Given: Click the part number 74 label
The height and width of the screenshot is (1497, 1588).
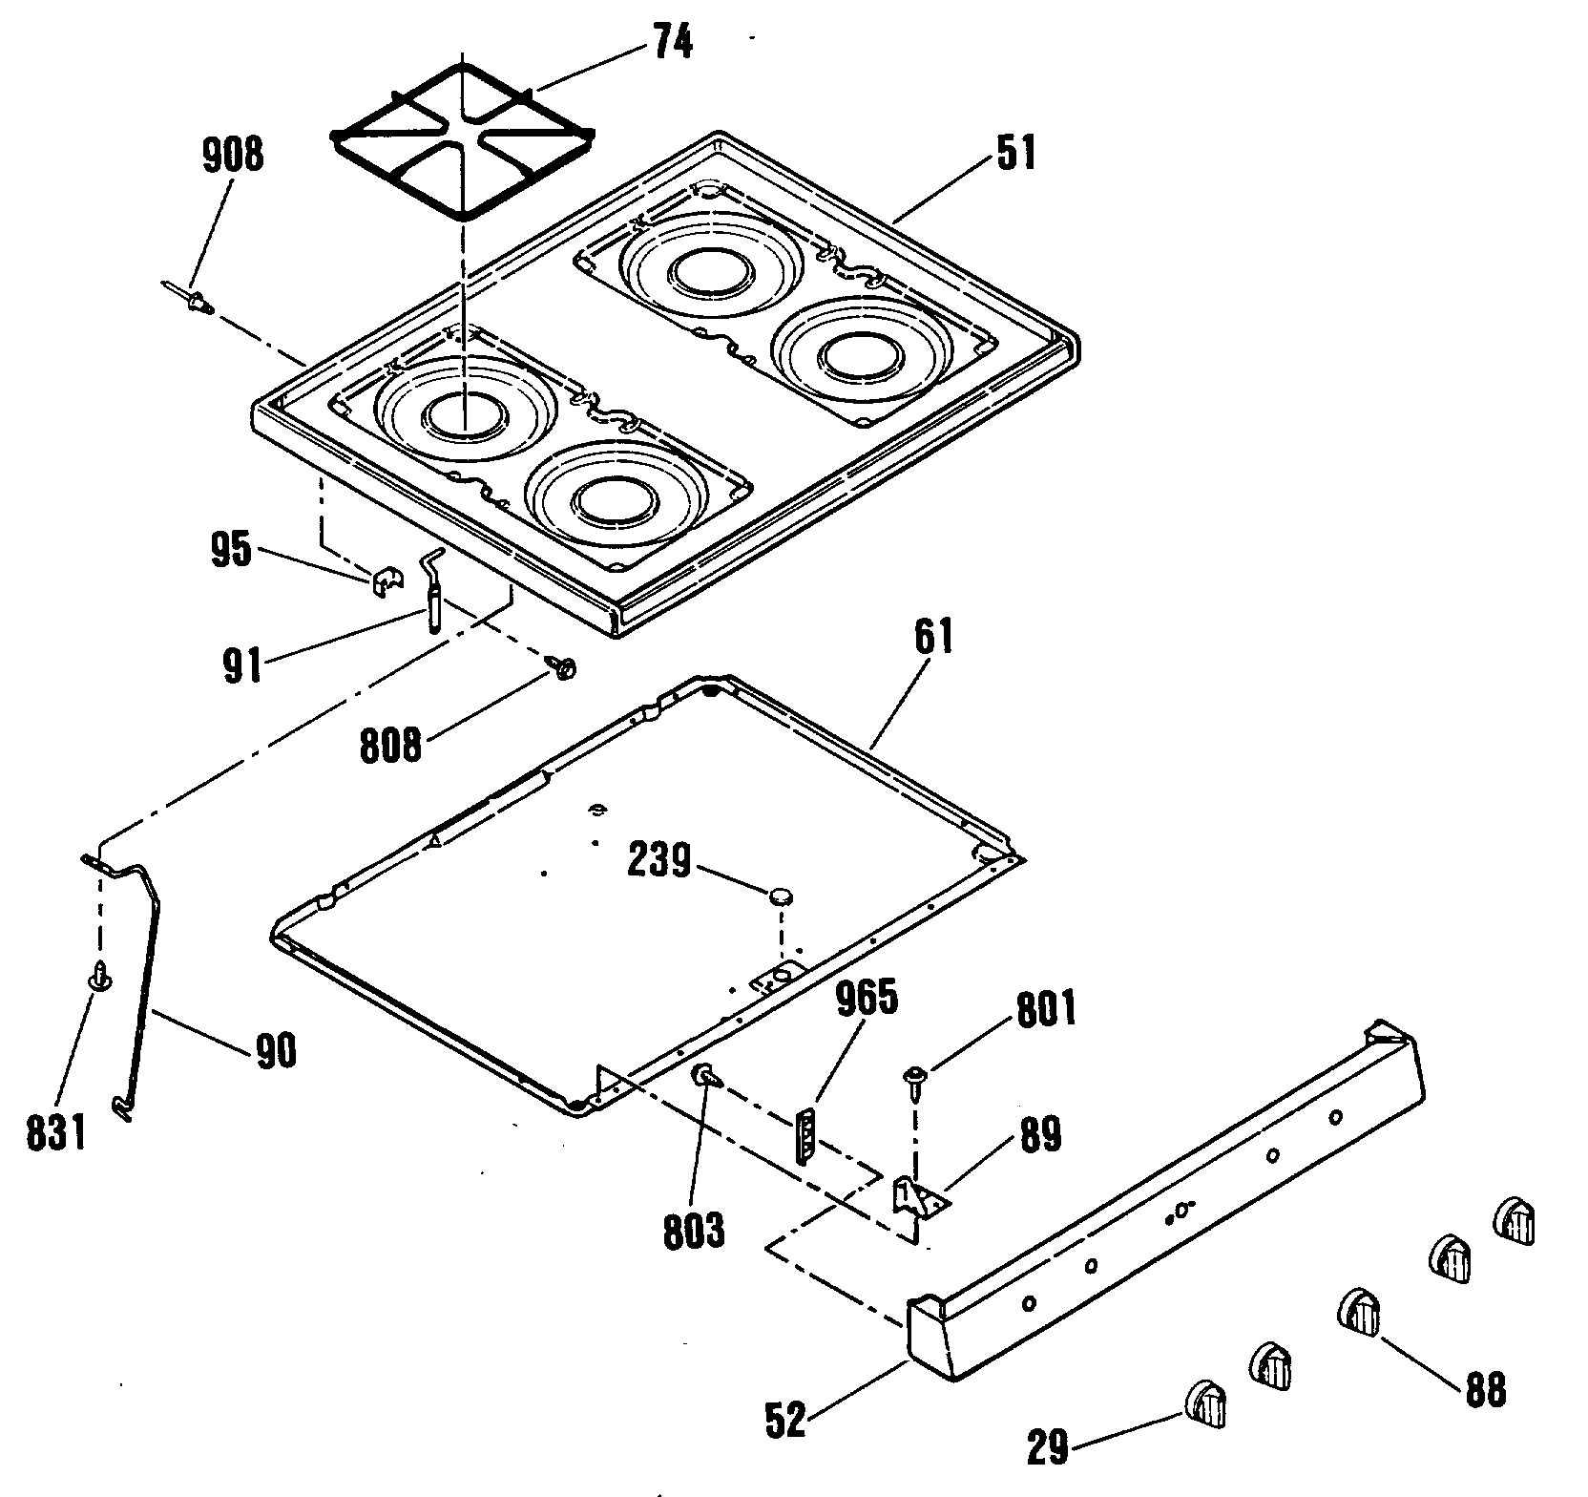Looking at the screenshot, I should click(672, 42).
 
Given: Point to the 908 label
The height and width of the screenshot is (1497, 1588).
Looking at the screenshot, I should click(233, 153).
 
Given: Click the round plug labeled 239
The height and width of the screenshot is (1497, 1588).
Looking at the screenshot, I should click(782, 895).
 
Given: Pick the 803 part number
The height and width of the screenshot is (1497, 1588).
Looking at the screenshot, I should click(694, 1233).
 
